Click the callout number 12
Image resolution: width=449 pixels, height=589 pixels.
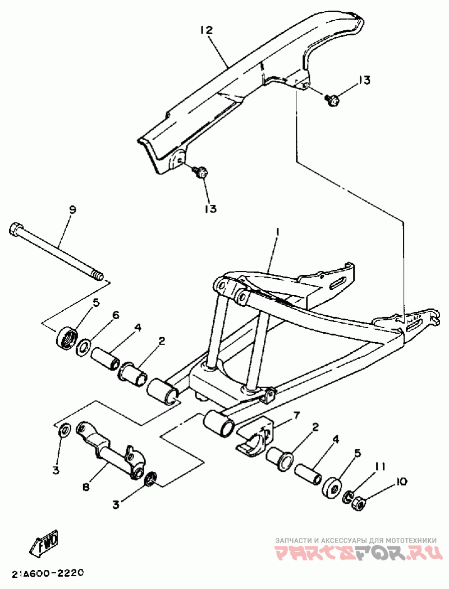pyautogui.click(x=207, y=30)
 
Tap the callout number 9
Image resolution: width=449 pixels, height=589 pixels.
pyautogui.click(x=72, y=209)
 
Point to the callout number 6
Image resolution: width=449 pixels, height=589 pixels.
pyautogui.click(x=116, y=315)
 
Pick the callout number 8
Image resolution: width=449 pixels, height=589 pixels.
pyautogui.click(x=86, y=487)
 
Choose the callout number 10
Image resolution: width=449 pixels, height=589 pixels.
pyautogui.click(x=401, y=481)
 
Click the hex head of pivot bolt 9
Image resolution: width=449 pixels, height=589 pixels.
pyautogui.click(x=16, y=229)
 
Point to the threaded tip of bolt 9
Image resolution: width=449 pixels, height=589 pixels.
pyautogui.click(x=99, y=276)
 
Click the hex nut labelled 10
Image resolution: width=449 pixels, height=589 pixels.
pyautogui.click(x=357, y=504)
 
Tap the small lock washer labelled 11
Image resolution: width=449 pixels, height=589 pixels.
pyautogui.click(x=348, y=496)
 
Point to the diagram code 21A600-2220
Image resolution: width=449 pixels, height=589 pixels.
pyautogui.click(x=47, y=573)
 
